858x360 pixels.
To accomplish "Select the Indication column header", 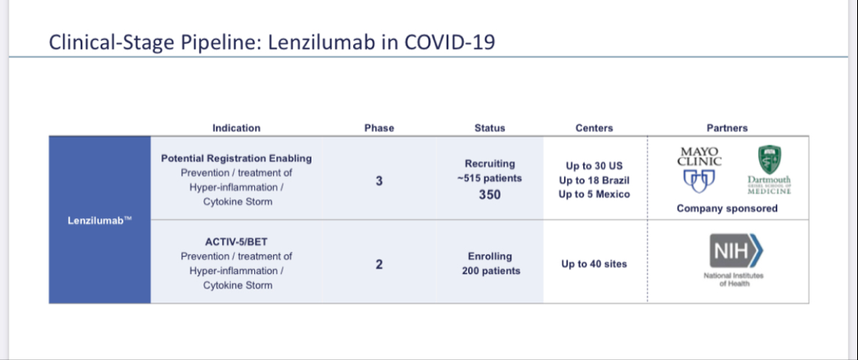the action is point(237,128).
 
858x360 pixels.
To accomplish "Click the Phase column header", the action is point(379,128).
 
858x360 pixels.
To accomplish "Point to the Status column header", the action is point(490,128).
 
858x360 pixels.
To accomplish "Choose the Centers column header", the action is point(594,128).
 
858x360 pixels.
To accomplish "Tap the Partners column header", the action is point(727,128).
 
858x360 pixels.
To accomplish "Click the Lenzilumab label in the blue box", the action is point(100,222).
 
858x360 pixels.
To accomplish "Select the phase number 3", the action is point(379,181).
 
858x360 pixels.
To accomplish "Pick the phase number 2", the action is point(379,264).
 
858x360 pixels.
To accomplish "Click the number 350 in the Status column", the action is point(490,194).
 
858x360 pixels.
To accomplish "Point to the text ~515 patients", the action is point(490,178).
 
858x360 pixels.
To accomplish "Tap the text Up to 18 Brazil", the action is point(594,180).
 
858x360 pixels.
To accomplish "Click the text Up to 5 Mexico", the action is point(594,194).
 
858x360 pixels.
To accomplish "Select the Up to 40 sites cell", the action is point(594,264).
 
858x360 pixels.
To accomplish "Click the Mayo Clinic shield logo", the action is point(700,181).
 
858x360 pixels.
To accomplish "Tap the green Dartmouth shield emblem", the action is point(769,160).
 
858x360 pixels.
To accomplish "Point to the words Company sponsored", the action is point(727,208).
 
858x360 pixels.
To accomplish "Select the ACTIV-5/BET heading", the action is point(237,242).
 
